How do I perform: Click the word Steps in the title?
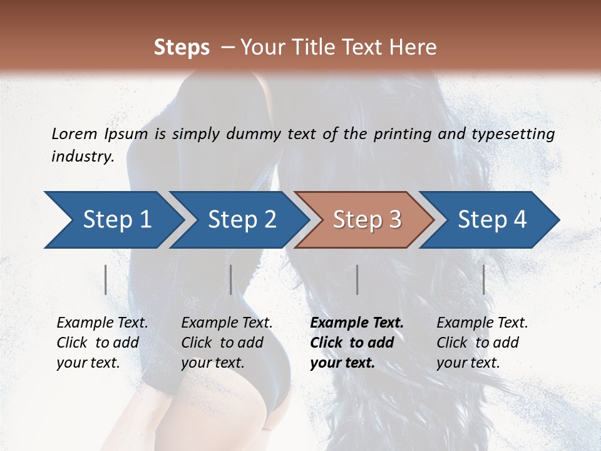pos(182,48)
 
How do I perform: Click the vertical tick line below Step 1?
pos(106,279)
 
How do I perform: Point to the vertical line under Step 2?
pos(231,279)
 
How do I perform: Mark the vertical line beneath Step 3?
pos(357,279)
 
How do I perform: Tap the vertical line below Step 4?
pos(484,279)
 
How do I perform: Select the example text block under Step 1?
pos(102,343)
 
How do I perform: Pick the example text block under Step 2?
pos(227,343)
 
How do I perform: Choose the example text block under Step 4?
pos(482,343)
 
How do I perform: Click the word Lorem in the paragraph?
pos(74,133)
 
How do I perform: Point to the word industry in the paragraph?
pos(83,157)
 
